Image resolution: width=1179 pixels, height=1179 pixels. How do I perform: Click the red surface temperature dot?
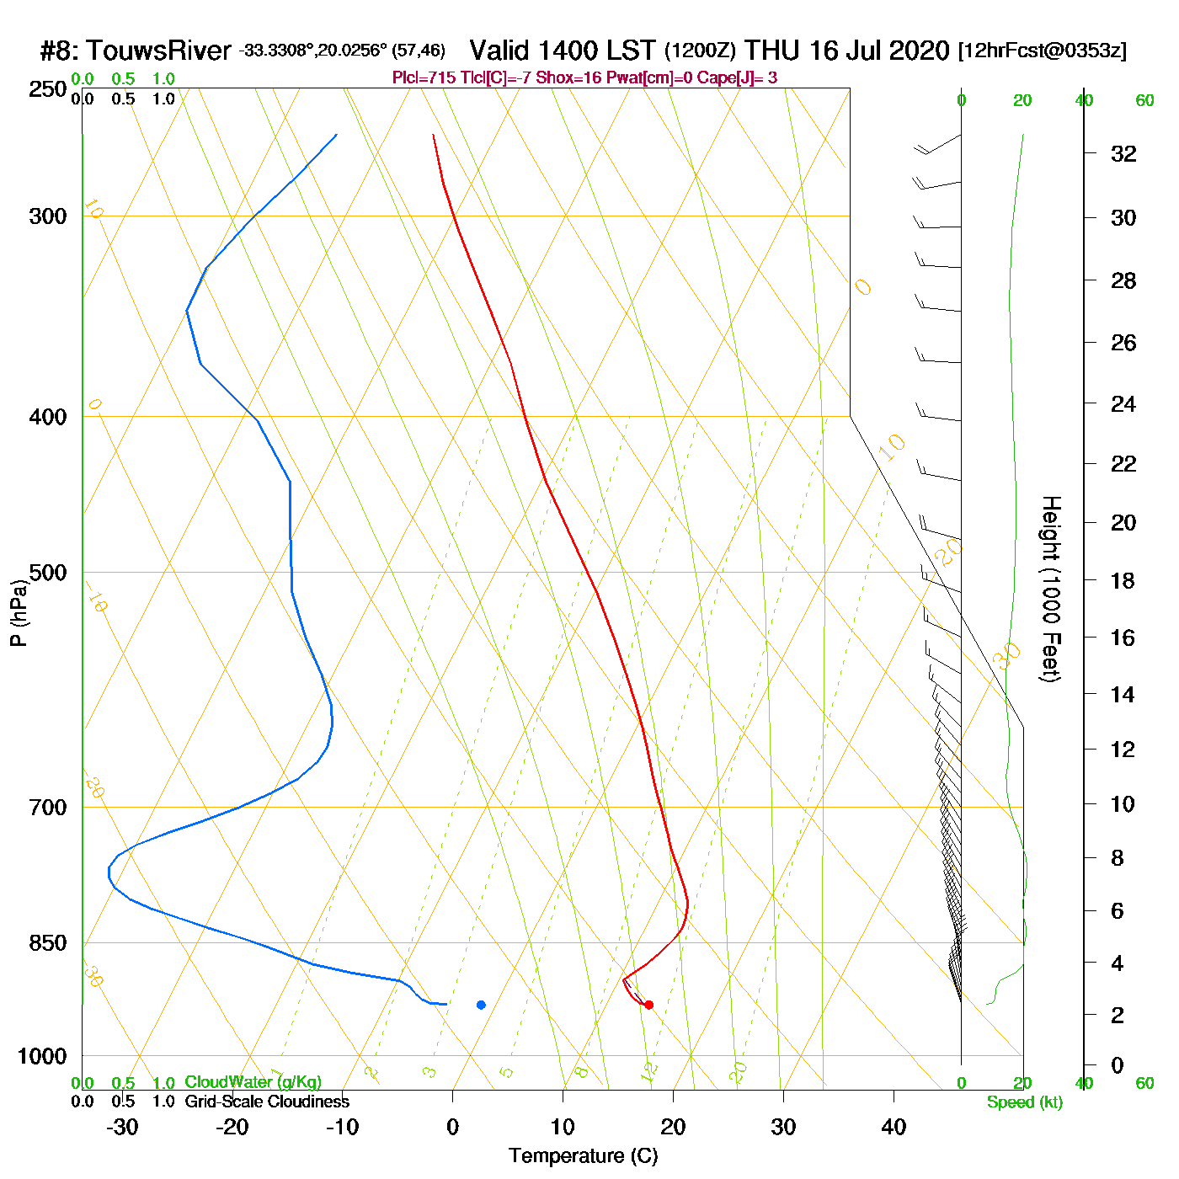tap(648, 1005)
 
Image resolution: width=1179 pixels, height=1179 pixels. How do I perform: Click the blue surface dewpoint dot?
tap(481, 1005)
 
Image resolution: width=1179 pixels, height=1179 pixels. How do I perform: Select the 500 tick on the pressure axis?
tap(48, 573)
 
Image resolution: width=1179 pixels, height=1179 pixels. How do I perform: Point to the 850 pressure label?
tap(48, 943)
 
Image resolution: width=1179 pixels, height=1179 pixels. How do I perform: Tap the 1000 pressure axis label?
tap(42, 1056)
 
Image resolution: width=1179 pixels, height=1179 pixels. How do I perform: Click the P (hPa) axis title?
tap(19, 613)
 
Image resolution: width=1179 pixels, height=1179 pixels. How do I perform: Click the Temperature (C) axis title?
tap(583, 1155)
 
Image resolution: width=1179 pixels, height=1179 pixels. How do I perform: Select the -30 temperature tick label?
tap(122, 1127)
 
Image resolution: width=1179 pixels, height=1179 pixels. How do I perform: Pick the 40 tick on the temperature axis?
tap(894, 1127)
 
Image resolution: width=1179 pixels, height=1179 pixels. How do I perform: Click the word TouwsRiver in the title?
tap(158, 51)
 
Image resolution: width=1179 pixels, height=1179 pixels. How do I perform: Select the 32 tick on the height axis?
tap(1123, 153)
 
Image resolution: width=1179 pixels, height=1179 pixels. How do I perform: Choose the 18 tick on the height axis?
tap(1123, 580)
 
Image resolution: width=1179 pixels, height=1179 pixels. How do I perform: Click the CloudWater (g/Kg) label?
tap(253, 1082)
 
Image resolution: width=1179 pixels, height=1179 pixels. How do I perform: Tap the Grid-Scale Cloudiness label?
tap(267, 1102)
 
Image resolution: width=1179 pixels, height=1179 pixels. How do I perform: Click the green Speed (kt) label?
tap(1025, 1102)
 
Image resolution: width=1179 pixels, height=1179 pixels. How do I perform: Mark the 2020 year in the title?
tap(919, 51)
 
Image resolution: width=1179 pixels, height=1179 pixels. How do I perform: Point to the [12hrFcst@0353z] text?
tap(1042, 51)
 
